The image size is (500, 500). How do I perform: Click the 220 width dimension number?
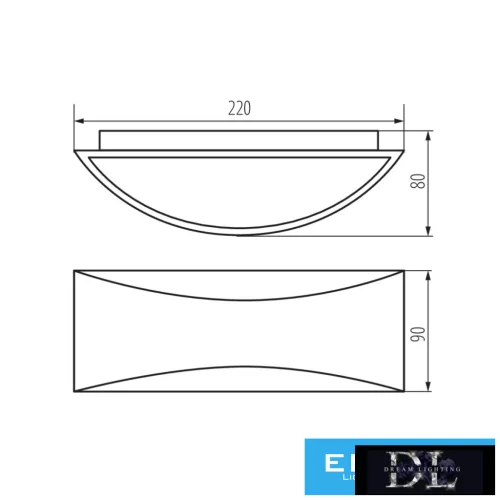pyautogui.click(x=239, y=108)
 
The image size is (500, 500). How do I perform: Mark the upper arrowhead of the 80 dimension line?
pyautogui.click(x=429, y=133)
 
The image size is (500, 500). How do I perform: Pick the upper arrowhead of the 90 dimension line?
pyautogui.click(x=429, y=273)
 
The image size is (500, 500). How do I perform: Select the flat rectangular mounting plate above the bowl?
pyautogui.click(x=239, y=138)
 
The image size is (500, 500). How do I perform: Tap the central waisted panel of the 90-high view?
pyautogui.click(x=239, y=335)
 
